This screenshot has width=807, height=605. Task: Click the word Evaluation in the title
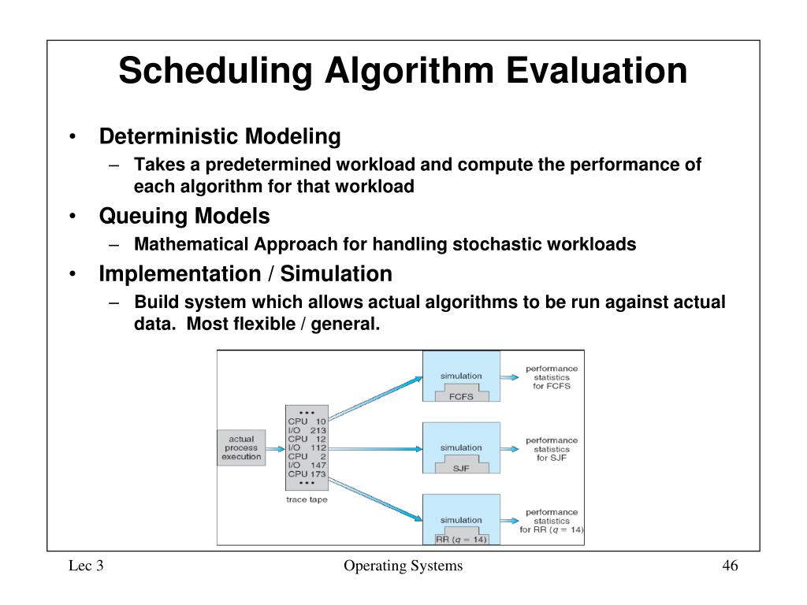click(596, 72)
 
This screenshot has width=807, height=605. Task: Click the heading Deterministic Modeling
click(220, 137)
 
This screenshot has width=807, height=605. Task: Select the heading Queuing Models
click(184, 216)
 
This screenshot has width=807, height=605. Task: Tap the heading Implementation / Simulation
click(245, 274)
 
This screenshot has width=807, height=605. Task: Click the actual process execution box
click(241, 448)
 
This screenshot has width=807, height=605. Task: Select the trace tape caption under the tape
click(307, 500)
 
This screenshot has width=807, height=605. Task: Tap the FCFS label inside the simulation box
click(461, 396)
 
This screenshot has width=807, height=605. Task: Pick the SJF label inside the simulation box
click(461, 468)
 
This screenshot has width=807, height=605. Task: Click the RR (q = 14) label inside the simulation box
click(462, 540)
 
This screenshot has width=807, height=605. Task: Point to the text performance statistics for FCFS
click(552, 377)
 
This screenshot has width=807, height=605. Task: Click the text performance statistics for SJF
click(552, 449)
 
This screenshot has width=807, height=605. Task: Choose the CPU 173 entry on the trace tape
click(307, 474)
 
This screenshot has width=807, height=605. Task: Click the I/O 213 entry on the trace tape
click(307, 430)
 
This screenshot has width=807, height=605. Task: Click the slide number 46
click(730, 566)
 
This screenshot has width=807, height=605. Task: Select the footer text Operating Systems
click(403, 566)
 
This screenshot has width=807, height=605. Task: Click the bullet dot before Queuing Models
click(72, 217)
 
